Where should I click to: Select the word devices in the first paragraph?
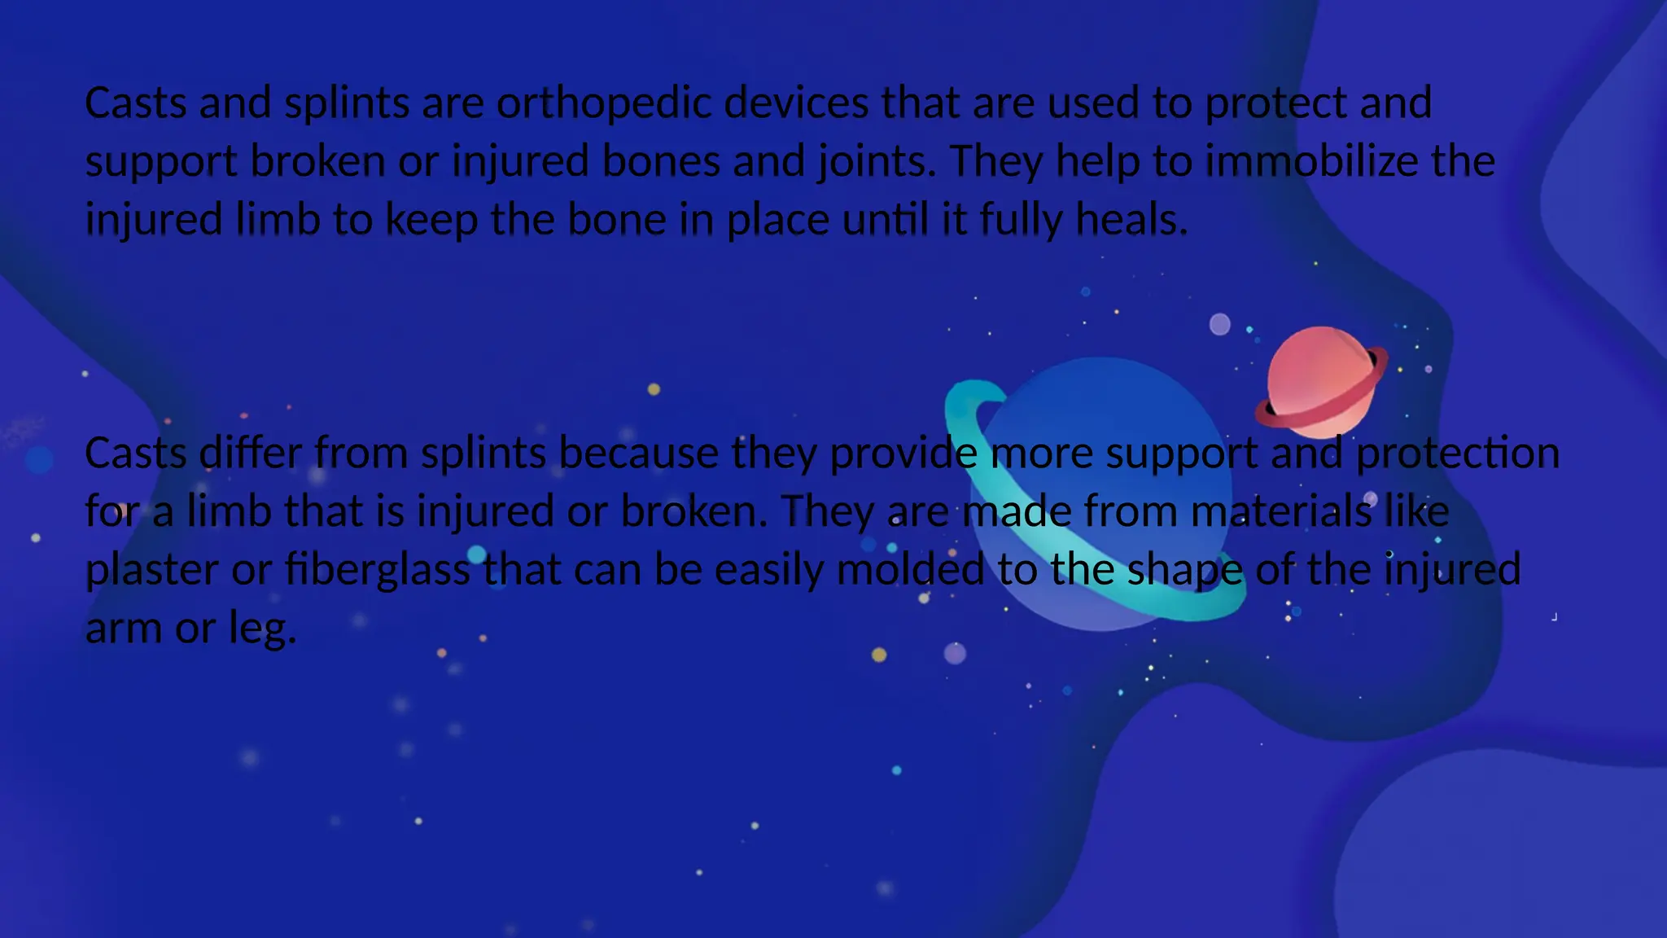click(796, 103)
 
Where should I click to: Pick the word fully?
click(1021, 220)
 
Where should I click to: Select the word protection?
click(1458, 453)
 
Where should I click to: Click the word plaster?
click(152, 570)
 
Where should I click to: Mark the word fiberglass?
click(378, 570)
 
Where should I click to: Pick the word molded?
click(910, 570)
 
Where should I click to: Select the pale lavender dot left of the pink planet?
click(1219, 324)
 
